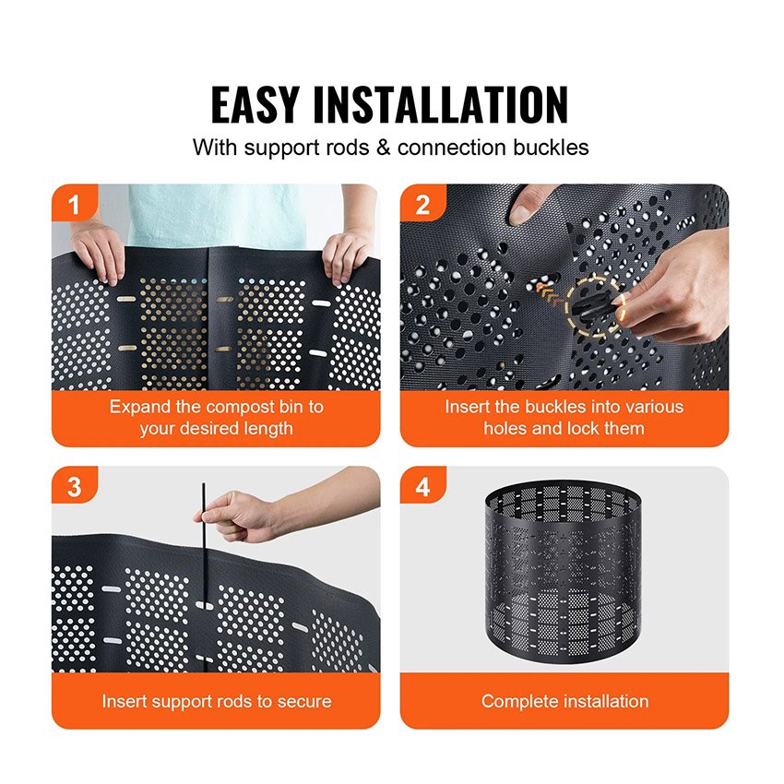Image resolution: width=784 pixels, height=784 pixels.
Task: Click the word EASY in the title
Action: (255, 104)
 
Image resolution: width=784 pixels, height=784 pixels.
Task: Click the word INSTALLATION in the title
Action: (441, 104)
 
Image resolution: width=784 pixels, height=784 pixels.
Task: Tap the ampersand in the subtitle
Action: (384, 148)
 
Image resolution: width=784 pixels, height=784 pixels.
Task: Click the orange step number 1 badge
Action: (74, 204)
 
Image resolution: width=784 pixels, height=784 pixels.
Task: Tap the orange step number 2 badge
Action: (422, 205)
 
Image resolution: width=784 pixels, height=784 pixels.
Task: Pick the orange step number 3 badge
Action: (74, 486)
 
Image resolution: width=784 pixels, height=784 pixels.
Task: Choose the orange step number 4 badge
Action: (422, 486)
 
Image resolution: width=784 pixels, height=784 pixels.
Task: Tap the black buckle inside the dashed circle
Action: (591, 305)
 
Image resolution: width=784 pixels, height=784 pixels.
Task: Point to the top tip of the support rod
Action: (204, 484)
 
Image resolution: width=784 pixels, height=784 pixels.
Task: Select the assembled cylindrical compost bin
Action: (563, 572)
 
